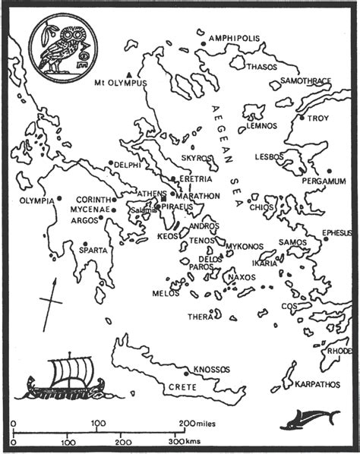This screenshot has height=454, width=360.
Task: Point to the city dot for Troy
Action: coord(302,118)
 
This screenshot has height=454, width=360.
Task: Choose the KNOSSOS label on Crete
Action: coord(211,369)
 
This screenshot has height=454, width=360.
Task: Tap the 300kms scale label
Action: coord(187,440)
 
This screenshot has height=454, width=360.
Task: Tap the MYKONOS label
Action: coord(245,247)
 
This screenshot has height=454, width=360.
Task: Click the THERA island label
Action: coord(201,317)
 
